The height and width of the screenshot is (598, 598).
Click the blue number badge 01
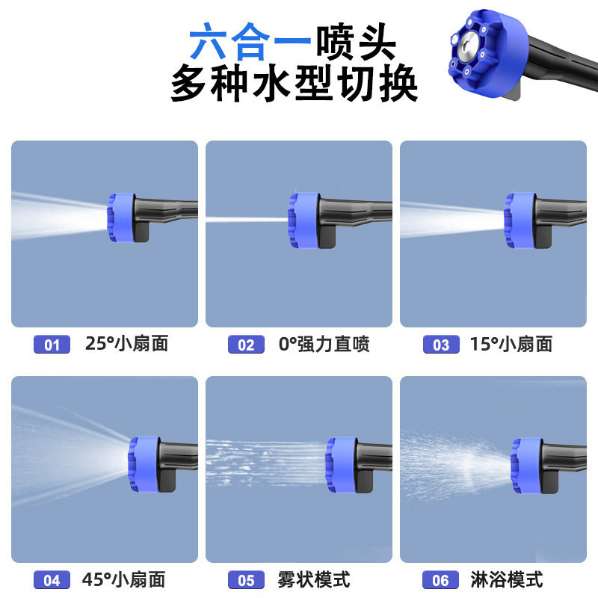coord(52,345)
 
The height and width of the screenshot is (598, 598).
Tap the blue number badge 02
coord(246,345)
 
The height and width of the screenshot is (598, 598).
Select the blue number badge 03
coord(441,345)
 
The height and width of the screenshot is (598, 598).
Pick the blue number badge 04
coord(52,580)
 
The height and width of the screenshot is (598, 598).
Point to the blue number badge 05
coord(246,580)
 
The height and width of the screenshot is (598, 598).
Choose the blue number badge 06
coord(441,580)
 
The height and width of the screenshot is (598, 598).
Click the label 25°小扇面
coord(126,344)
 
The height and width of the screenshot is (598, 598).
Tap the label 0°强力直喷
coord(324,344)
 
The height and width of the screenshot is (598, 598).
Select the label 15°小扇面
coord(511,344)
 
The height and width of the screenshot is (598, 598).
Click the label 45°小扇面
coord(125,579)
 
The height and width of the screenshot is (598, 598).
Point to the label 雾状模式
coord(313,579)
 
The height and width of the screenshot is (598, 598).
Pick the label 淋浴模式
coord(508,579)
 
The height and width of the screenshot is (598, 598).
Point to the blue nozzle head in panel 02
coord(303,218)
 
